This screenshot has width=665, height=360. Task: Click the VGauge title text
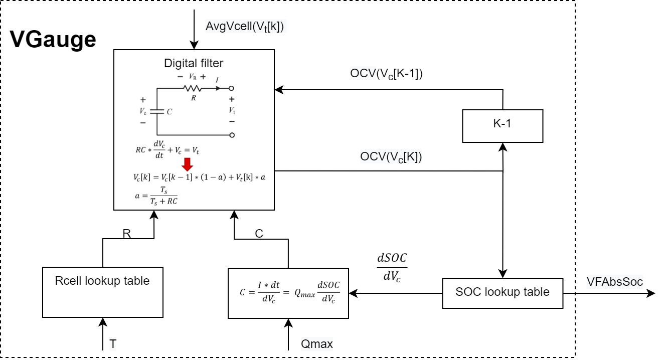tap(53, 39)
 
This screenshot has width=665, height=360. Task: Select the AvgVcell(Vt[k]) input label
tap(245, 26)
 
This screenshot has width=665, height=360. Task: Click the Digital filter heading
tap(194, 63)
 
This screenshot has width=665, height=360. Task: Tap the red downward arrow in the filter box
tap(187, 164)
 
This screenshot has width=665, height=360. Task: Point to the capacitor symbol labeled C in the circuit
tap(157, 112)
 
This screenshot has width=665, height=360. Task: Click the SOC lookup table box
tap(503, 292)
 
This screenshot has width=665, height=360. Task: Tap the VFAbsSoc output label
tap(614, 281)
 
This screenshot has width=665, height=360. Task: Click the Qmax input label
tap(316, 344)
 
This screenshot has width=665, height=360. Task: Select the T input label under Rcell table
tap(113, 344)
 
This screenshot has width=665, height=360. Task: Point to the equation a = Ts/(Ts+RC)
tap(156, 195)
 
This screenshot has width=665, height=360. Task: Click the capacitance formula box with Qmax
tap(288, 293)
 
